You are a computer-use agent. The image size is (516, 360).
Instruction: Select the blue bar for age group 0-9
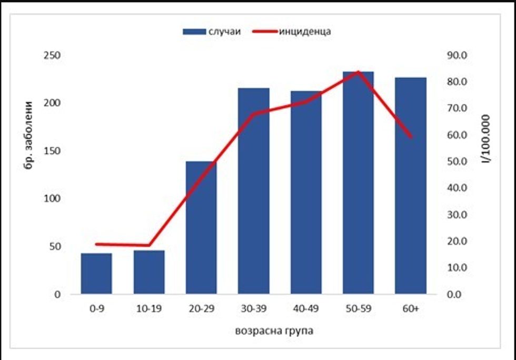pos(96,274)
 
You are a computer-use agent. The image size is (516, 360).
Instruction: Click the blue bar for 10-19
pos(149,272)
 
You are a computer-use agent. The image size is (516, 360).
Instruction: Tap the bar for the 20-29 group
pos(201,228)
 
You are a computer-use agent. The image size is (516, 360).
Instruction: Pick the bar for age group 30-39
pos(253,191)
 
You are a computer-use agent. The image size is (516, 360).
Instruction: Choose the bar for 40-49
pos(306,193)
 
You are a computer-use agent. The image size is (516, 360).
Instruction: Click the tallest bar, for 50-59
pos(358,183)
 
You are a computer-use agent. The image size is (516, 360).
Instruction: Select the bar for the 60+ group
pos(410,186)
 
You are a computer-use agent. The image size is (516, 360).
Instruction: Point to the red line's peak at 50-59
pos(358,72)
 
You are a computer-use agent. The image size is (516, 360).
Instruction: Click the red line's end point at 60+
pos(410,137)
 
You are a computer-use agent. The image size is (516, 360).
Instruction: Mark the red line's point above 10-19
pos(149,245)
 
